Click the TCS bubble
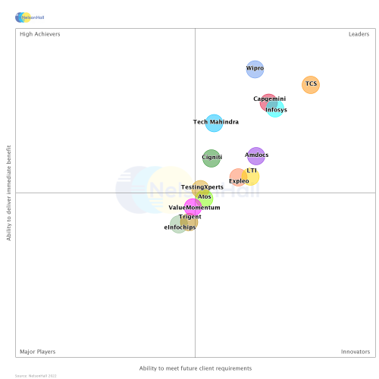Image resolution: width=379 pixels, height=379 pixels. (311, 85)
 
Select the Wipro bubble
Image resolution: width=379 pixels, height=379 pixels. (255, 69)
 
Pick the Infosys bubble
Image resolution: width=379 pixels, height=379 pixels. (276, 110)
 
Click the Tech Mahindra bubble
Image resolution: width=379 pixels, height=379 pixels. (215, 122)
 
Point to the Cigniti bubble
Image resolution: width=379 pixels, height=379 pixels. (211, 158)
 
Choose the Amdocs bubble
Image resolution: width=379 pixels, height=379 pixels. (256, 155)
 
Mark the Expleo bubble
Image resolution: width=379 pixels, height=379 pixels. (238, 180)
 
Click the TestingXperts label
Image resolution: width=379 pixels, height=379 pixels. (202, 187)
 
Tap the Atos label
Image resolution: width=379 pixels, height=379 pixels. (205, 197)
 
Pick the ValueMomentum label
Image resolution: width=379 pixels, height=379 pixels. (194, 208)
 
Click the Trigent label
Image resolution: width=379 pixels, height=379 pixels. (190, 217)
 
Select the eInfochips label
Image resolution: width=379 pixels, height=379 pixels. (180, 227)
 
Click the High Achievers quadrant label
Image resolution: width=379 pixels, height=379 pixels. (40, 34)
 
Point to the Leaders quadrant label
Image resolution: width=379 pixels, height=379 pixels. (359, 34)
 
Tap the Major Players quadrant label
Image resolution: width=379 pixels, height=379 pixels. (37, 352)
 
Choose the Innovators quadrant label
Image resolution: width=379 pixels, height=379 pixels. (356, 352)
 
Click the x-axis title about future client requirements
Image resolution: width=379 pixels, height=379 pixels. (196, 368)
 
